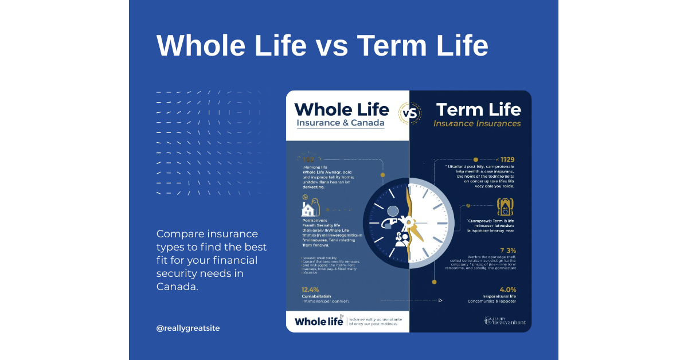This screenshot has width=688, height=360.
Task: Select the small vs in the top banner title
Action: point(331,45)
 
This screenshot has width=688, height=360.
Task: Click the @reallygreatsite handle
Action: point(188,328)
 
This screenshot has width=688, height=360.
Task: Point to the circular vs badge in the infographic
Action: point(409,112)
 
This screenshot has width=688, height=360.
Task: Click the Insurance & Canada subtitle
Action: point(341,124)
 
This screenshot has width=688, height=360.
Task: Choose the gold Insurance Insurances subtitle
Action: point(477,123)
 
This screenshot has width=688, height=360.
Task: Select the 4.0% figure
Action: point(507,289)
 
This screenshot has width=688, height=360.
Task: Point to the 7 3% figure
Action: point(508,251)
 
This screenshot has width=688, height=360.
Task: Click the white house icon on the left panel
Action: point(308,207)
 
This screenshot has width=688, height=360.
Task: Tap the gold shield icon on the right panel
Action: point(505,206)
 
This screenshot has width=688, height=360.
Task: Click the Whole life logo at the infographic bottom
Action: point(319,321)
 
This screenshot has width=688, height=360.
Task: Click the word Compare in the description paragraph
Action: point(179,234)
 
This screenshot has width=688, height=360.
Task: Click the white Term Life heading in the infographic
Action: point(478,109)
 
